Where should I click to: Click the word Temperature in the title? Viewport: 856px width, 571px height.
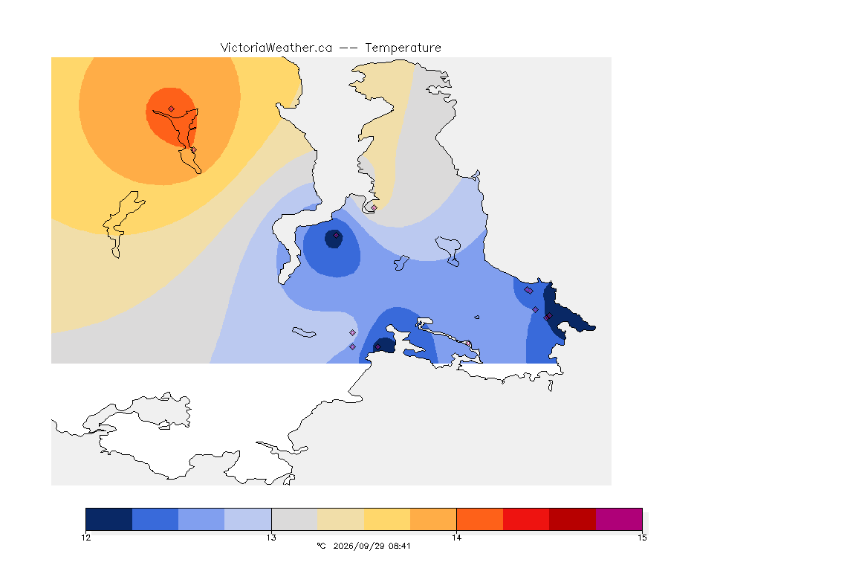click(403, 48)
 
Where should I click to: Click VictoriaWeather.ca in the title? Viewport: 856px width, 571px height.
click(276, 48)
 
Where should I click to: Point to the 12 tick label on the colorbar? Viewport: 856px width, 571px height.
click(85, 538)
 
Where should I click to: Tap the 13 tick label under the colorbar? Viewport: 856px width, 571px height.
click(271, 538)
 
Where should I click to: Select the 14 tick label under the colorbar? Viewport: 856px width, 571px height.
click(456, 538)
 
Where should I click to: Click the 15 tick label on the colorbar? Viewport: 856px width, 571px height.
click(642, 538)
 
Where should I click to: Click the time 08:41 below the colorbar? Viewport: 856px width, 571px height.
click(399, 546)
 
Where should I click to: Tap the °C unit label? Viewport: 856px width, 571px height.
click(321, 546)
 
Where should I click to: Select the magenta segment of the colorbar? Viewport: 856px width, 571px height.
click(619, 519)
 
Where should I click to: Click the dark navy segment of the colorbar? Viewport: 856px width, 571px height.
click(109, 519)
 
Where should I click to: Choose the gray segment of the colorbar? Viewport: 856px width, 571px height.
click(294, 519)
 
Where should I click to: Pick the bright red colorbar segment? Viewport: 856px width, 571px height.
click(526, 519)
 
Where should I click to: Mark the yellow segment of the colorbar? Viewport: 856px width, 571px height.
click(387, 519)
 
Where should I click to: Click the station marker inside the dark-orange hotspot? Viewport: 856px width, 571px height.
click(172, 109)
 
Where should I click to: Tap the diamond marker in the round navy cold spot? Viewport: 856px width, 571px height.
click(337, 236)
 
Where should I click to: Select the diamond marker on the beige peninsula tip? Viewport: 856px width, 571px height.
click(374, 207)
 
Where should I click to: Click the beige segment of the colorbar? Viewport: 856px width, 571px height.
click(340, 519)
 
